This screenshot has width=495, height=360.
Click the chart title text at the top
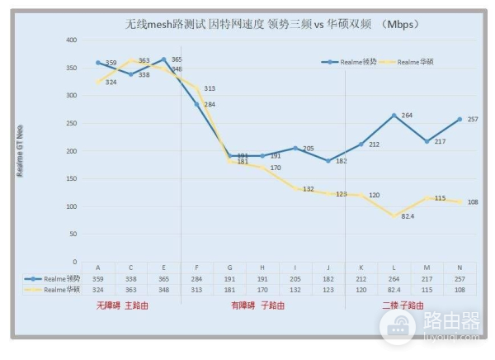pos(273,25)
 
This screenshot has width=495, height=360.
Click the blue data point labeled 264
pos(394,116)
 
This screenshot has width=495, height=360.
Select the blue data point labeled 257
pos(460,119)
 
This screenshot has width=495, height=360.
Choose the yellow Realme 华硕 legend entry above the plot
pos(423,62)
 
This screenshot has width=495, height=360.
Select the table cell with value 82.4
pos(394,290)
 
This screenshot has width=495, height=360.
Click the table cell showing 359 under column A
pos(98,279)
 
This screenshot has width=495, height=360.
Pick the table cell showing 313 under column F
pos(196,290)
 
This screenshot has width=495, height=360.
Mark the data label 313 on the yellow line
pos(209,88)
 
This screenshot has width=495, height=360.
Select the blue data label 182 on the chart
pos(342,162)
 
